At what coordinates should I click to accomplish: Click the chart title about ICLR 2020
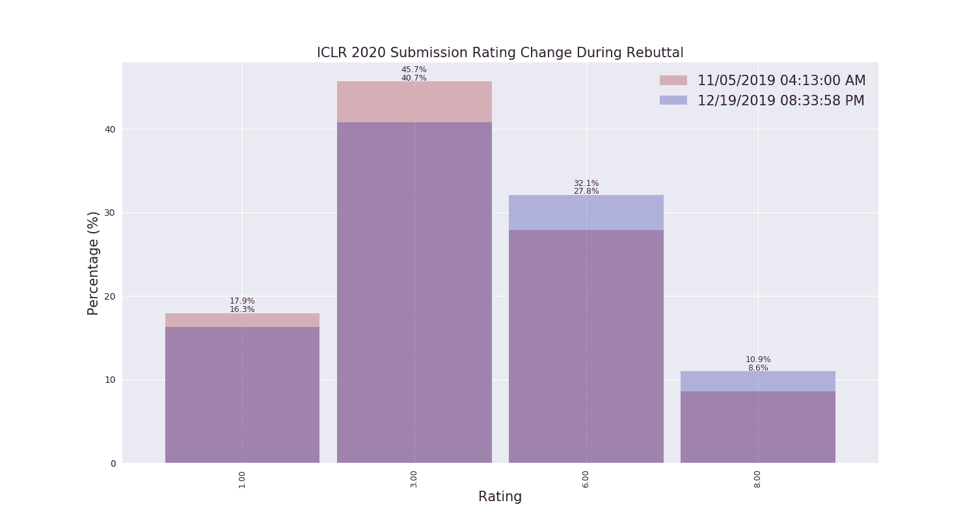500,53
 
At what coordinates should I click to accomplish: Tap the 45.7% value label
414,70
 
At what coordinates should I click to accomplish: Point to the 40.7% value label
414,78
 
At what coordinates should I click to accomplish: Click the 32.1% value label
586,183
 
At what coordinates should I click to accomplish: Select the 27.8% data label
586,191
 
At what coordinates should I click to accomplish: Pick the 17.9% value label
242,301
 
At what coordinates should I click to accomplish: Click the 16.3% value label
242,309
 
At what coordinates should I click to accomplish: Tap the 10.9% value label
757,359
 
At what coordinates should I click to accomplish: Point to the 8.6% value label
757,368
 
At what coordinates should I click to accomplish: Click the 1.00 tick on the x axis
242,480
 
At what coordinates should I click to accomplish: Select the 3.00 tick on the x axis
414,480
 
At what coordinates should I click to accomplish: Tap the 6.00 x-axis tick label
586,480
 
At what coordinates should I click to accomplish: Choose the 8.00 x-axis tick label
757,480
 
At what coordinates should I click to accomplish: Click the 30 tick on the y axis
110,213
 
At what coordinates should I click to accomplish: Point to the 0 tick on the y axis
113,463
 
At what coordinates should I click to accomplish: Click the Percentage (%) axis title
94,263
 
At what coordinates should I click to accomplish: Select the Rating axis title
500,497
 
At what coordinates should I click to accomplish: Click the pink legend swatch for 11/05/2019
673,81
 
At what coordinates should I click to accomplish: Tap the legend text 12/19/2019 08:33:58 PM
781,101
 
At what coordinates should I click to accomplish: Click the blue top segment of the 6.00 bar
586,213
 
